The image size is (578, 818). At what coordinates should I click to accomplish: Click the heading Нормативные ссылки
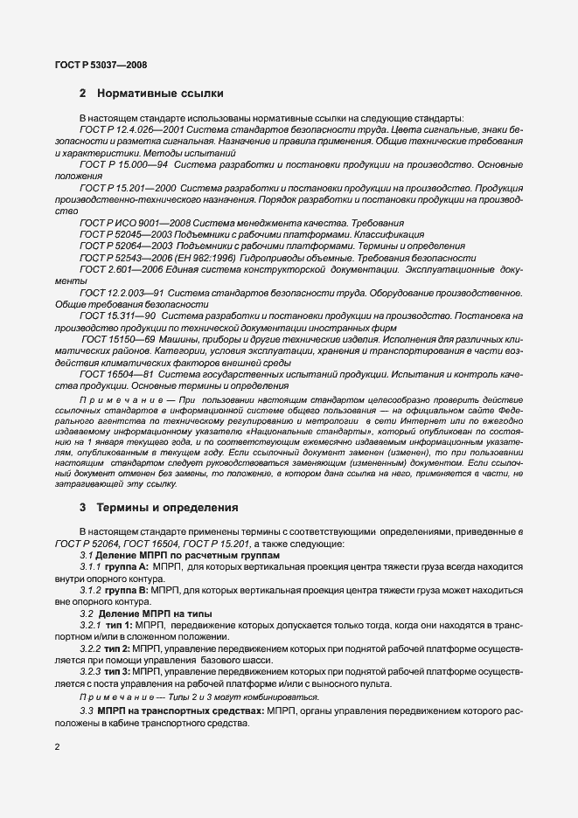(160, 93)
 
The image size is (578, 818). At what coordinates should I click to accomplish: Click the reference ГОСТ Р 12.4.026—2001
(135, 129)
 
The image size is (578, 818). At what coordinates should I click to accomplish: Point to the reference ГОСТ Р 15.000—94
(124, 163)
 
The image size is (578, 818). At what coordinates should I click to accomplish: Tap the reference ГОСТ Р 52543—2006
(122, 258)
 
